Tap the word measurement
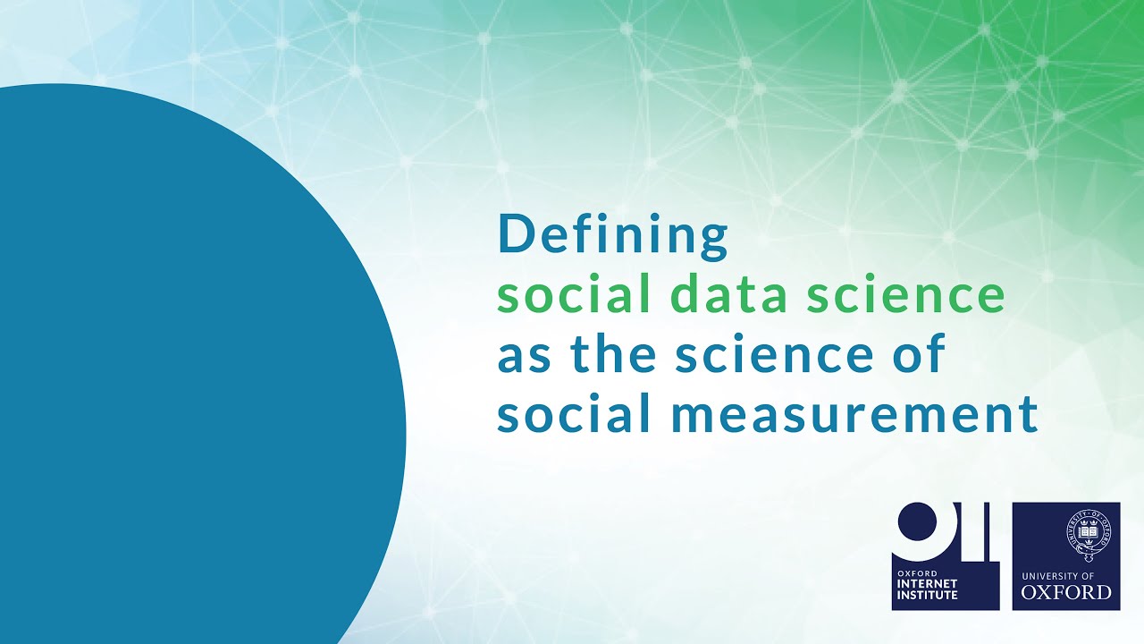[850, 415]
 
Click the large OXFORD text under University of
[1066, 592]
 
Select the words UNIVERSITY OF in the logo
[1066, 574]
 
